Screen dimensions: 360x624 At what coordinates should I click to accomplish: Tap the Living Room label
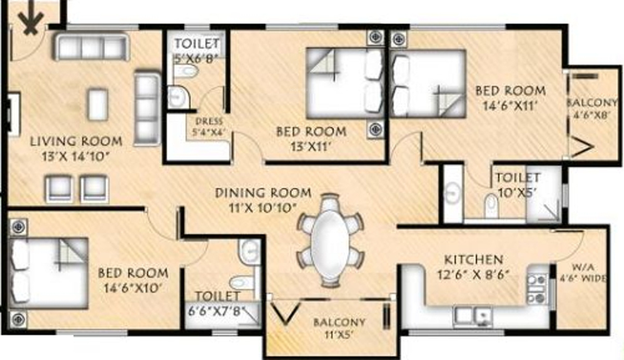click(x=76, y=141)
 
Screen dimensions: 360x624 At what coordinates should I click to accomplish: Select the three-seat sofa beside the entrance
click(x=90, y=47)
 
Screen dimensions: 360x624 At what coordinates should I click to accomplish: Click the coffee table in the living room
click(x=98, y=105)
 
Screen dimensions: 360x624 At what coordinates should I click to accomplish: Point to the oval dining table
click(x=330, y=240)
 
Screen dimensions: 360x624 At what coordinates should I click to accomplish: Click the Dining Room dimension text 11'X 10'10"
click(x=264, y=207)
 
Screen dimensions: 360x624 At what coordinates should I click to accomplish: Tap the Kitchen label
click(x=473, y=259)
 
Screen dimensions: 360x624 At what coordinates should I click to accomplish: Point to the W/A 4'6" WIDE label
click(x=581, y=273)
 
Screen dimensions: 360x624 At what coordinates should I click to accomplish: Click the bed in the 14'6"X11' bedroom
click(x=427, y=83)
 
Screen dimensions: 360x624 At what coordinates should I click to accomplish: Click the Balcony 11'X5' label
click(x=339, y=329)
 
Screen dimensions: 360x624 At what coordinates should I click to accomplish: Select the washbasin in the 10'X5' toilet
click(x=452, y=193)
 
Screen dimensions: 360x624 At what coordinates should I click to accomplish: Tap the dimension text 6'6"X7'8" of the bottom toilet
click(x=217, y=308)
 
